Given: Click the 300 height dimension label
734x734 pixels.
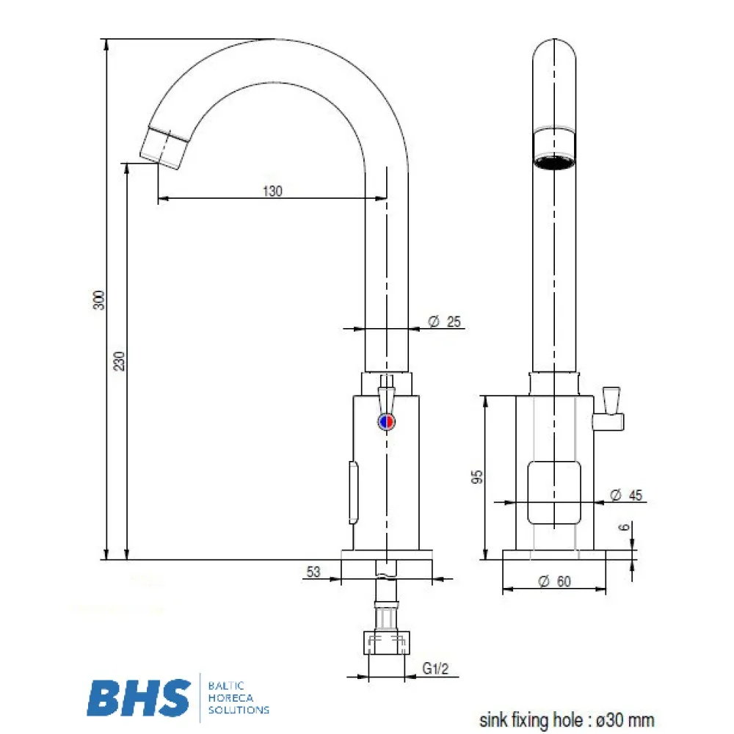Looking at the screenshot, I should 100,299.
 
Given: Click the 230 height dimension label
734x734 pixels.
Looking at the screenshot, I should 120,362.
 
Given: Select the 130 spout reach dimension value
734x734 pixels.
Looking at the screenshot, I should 272,191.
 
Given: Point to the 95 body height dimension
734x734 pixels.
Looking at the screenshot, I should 477,478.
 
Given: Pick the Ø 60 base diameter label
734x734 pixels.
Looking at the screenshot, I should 554,581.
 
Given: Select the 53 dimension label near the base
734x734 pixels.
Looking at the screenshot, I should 313,572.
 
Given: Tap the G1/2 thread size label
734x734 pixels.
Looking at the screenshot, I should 435,669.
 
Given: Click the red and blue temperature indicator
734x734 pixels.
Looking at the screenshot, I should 385,421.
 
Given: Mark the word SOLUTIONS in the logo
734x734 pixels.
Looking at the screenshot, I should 239,710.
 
